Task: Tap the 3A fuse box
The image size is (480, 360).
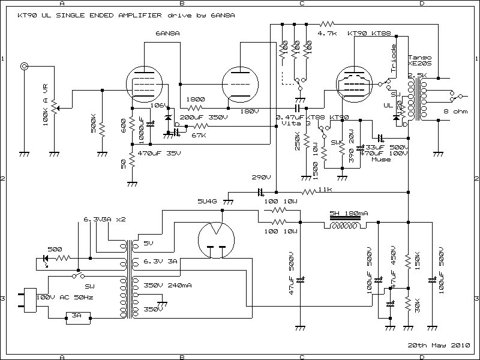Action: (76, 315)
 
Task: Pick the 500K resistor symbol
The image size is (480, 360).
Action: (102, 128)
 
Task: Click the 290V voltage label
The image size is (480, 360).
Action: (262, 178)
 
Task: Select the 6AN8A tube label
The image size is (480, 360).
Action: (164, 33)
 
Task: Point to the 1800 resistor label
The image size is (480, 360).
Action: (196, 100)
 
